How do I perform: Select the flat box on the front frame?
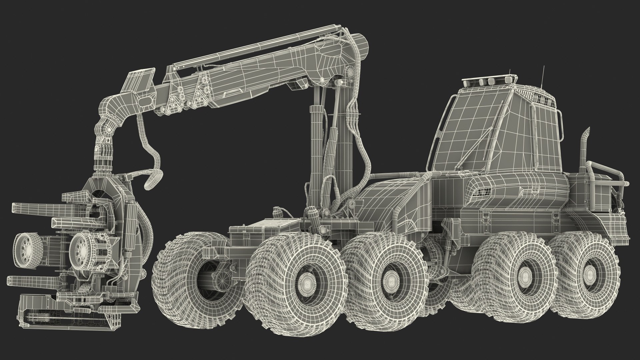pos(253,230)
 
